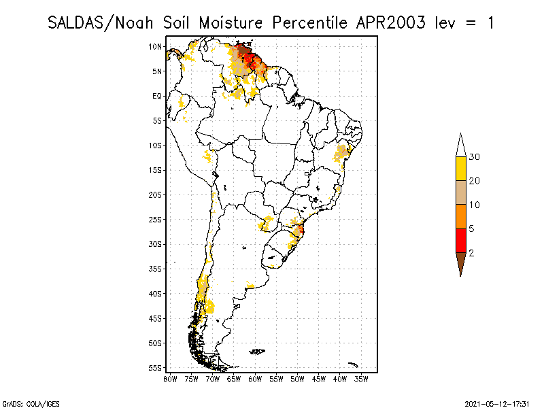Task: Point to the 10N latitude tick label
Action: click(x=156, y=46)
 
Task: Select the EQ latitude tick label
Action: click(x=157, y=96)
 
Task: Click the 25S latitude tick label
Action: click(x=156, y=220)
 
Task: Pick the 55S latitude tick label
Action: click(x=156, y=368)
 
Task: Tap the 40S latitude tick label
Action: click(x=156, y=294)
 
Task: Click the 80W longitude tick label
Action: click(x=170, y=379)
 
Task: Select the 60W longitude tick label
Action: click(x=255, y=379)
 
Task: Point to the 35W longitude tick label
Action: click(x=362, y=379)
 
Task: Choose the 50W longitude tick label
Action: click(x=298, y=379)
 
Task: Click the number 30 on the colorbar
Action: click(x=475, y=157)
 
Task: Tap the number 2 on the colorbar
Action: click(x=472, y=253)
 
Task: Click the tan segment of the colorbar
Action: click(x=460, y=192)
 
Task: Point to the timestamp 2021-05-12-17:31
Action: click(x=497, y=403)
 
